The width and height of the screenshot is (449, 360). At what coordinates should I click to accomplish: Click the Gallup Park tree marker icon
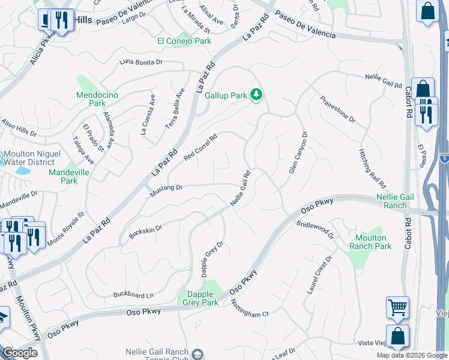pos(256,95)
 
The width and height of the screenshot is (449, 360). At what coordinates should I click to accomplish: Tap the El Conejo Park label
pos(184,41)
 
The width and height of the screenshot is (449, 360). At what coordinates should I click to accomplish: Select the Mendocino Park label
pos(97,99)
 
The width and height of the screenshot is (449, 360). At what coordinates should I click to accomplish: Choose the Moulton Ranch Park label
pos(370,242)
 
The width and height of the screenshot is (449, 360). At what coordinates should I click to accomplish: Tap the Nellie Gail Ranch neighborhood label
pos(391,200)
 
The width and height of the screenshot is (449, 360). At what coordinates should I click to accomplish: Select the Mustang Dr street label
pos(166,188)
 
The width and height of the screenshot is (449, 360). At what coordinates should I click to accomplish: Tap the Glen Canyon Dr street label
pos(298,153)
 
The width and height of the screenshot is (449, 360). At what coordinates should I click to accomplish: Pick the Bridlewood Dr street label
pos(315,231)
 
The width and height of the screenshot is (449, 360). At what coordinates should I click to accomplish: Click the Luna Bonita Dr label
pos(141,62)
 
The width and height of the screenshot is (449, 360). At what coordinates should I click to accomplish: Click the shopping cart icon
pos(397,307)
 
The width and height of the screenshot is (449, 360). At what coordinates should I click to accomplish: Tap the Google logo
pos(20,353)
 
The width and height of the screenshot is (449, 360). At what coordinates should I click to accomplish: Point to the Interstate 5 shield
pos(444,158)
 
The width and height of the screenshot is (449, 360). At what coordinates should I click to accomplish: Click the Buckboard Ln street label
pos(134,295)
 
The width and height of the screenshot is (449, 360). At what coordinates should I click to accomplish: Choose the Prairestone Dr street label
pos(337,109)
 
